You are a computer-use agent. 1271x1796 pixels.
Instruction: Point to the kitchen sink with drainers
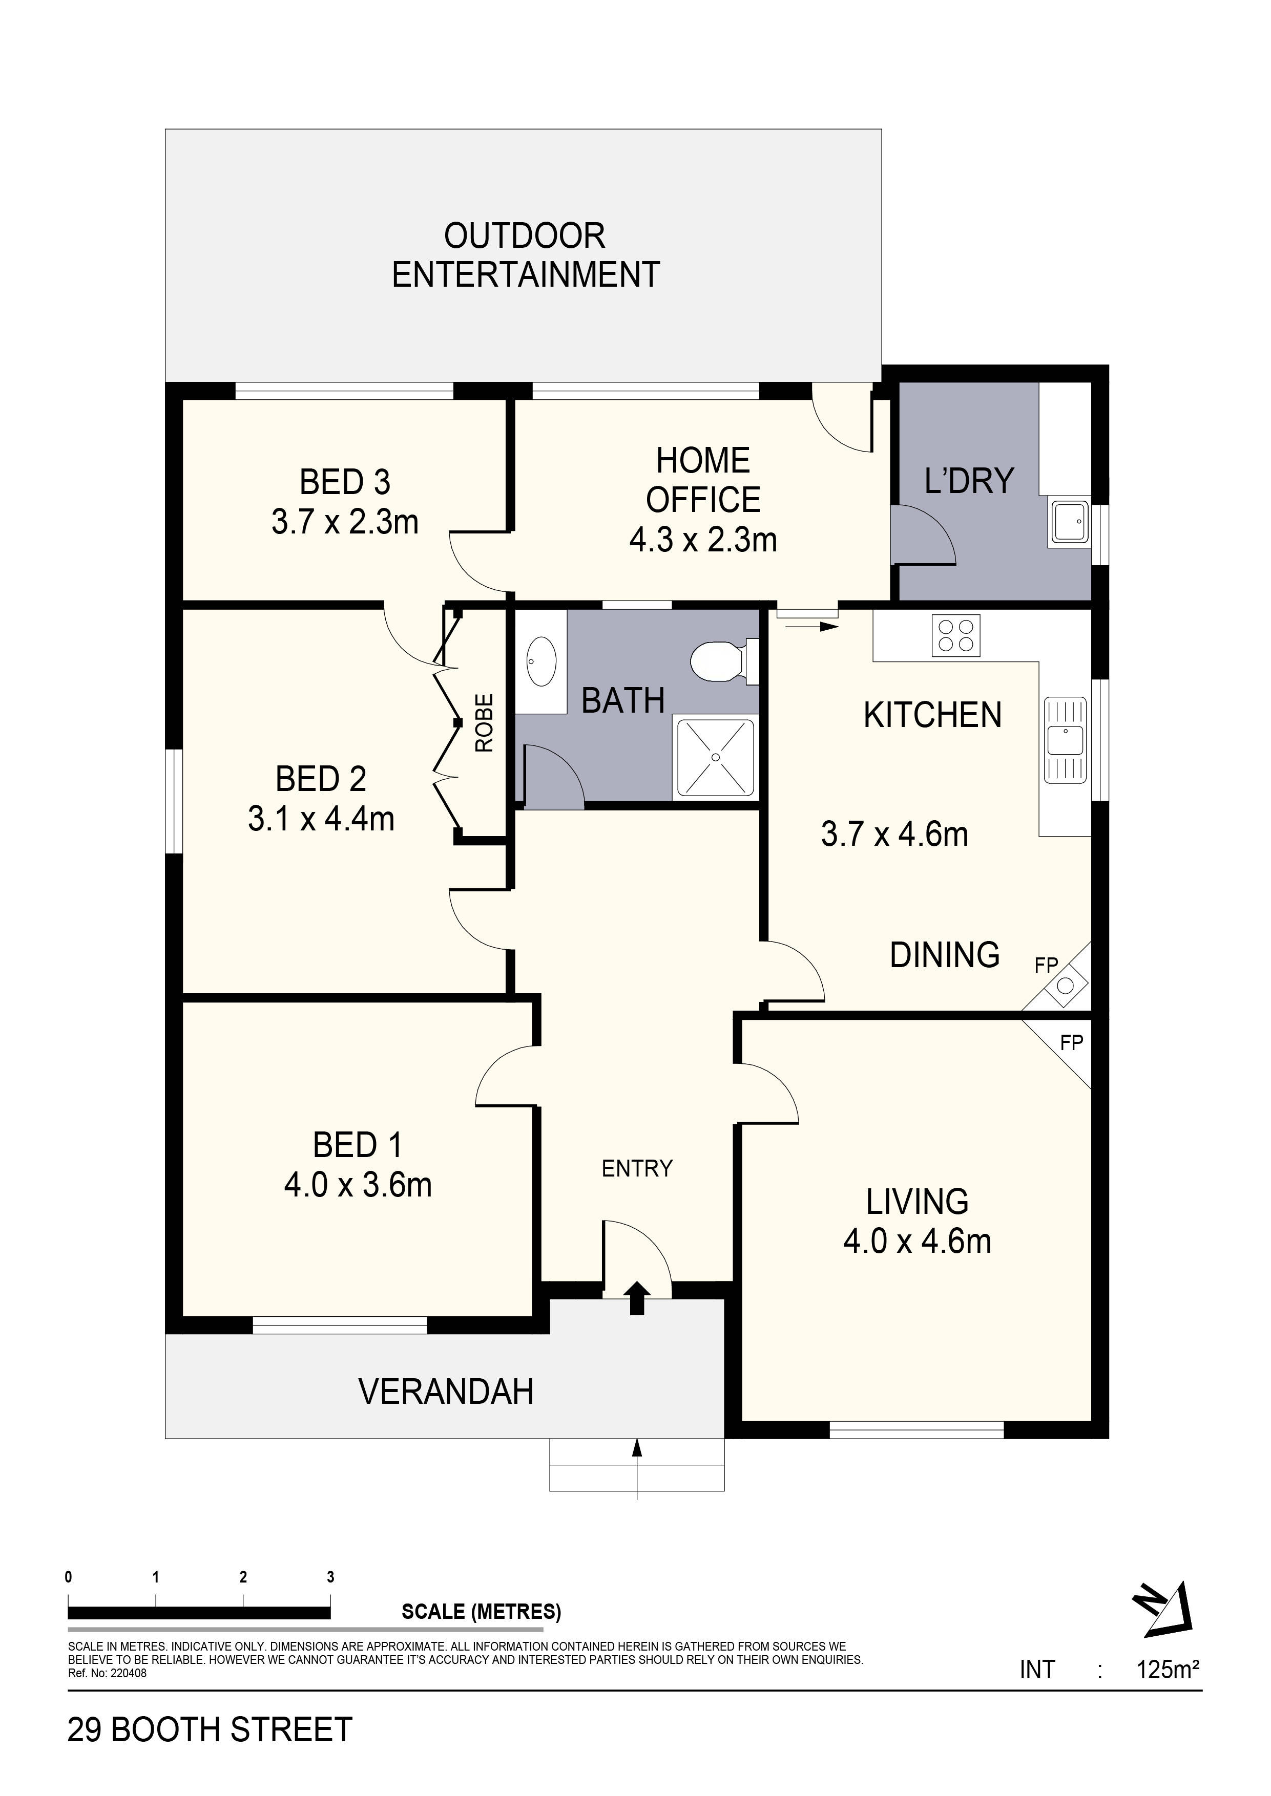(1065, 740)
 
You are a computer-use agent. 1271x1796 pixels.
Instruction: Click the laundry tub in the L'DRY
(1068, 522)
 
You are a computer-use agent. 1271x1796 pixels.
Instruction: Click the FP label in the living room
(1071, 1043)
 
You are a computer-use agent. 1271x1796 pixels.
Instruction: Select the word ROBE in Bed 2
(485, 723)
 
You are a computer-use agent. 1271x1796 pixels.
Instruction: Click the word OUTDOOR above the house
(525, 236)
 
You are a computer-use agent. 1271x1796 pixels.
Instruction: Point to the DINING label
(945, 955)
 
